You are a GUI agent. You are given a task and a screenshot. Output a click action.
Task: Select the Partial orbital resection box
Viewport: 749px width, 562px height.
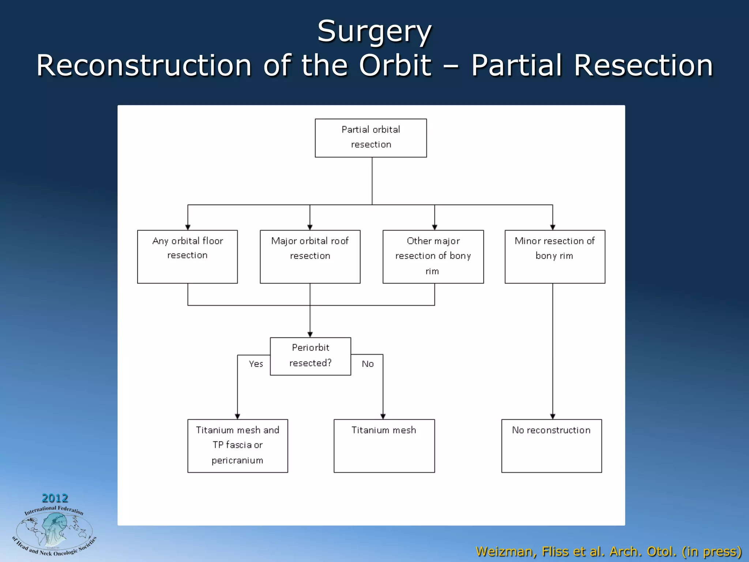pyautogui.click(x=370, y=138)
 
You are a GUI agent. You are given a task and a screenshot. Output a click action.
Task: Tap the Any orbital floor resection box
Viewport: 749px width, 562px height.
pyautogui.click(x=187, y=256)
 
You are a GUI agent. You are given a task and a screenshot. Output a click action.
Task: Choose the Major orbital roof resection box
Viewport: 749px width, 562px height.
pyautogui.click(x=310, y=256)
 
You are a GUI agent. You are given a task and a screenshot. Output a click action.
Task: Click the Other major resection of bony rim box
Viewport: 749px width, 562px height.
pyautogui.click(x=433, y=256)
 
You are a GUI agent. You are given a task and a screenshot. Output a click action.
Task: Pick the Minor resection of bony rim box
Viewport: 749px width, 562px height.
pyautogui.click(x=554, y=256)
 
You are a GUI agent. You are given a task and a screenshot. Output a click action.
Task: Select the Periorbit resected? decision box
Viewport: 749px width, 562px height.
pyautogui.click(x=310, y=356)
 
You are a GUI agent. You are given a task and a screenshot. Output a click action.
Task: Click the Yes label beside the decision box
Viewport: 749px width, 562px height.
pyautogui.click(x=256, y=364)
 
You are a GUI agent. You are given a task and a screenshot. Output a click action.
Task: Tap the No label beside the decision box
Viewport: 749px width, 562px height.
pyautogui.click(x=368, y=364)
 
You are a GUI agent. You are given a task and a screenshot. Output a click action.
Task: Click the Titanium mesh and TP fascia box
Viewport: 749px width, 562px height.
pyautogui.click(x=237, y=446)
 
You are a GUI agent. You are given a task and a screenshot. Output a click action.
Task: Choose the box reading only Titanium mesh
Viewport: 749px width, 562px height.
pyautogui.click(x=384, y=446)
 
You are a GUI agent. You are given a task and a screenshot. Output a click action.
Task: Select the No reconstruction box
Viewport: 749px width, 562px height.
pyautogui.click(x=551, y=446)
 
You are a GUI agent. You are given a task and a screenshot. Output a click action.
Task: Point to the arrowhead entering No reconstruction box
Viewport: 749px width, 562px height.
pyautogui.click(x=553, y=416)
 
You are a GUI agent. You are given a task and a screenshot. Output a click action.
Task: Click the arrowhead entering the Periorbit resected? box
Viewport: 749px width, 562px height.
pyautogui.click(x=310, y=334)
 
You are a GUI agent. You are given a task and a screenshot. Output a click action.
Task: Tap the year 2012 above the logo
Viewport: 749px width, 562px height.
pyautogui.click(x=55, y=498)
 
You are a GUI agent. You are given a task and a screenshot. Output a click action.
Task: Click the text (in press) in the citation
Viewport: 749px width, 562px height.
pyautogui.click(x=711, y=551)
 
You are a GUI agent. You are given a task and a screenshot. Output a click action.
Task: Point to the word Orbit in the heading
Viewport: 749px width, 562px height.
pyautogui.click(x=395, y=65)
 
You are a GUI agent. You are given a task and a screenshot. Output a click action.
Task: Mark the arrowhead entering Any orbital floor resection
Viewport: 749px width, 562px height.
pyautogui.click(x=188, y=227)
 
